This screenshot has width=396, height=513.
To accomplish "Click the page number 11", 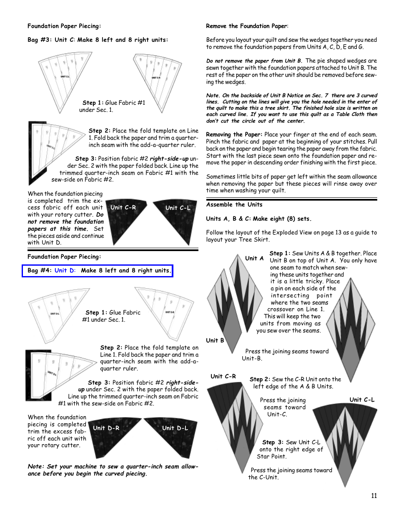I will pyautogui.click(x=373, y=495).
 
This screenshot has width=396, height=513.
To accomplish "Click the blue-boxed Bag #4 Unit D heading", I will pyautogui.click(x=97, y=271).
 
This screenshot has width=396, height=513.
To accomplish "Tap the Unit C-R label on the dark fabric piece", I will pyautogui.click(x=123, y=207).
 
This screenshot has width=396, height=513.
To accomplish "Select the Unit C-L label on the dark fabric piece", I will pyautogui.click(x=178, y=208).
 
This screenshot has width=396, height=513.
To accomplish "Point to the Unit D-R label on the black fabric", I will pyautogui.click(x=106, y=428).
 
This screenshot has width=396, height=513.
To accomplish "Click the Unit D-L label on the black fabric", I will pyautogui.click(x=175, y=428).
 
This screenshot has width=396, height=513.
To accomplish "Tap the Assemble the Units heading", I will pyautogui.click(x=234, y=204).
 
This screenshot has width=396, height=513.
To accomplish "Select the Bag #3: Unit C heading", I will pyautogui.click(x=98, y=40).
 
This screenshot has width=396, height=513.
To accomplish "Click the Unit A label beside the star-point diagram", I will pyautogui.click(x=254, y=258).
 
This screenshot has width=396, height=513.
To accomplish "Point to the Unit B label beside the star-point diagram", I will pyautogui.click(x=215, y=340).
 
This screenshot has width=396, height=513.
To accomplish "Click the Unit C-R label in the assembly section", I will pyautogui.click(x=223, y=376).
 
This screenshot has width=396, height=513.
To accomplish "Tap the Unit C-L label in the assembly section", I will pyautogui.click(x=362, y=400).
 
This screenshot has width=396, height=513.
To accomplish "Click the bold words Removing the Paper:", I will pyautogui.click(x=234, y=134).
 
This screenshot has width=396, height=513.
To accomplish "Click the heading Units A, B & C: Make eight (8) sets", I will pyautogui.click(x=258, y=219).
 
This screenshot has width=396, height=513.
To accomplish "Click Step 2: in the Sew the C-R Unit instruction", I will pyautogui.click(x=260, y=379).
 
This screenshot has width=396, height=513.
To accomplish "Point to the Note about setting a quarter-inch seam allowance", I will pyautogui.click(x=113, y=470).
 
